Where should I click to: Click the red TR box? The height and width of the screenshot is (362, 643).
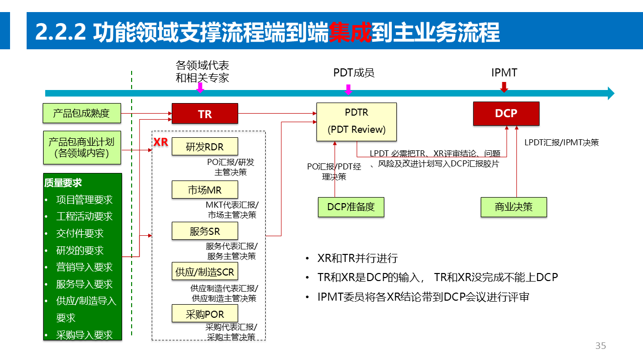point(204,114)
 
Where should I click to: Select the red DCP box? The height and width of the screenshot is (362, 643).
point(506,114)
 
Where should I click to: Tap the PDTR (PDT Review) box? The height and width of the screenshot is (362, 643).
point(356,122)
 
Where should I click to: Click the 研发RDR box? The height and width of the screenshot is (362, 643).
point(204,147)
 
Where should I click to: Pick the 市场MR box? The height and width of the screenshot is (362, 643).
point(204,190)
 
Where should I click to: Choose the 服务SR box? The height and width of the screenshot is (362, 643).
point(204,231)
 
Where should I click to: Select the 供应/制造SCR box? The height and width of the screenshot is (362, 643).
point(204,272)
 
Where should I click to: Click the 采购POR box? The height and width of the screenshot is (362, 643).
point(204,314)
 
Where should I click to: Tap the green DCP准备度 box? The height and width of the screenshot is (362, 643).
point(351,207)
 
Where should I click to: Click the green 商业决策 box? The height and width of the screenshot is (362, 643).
point(513,207)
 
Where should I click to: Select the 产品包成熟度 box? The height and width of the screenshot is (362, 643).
point(82,113)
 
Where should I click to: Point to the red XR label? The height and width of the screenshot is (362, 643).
point(161,142)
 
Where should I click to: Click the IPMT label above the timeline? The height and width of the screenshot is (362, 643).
point(504,73)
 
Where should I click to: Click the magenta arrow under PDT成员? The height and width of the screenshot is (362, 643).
point(348,89)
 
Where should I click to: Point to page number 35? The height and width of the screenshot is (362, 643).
point(600,346)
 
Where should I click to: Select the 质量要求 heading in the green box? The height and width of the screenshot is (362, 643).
point(63,183)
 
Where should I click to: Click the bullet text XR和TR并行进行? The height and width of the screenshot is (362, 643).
point(358,258)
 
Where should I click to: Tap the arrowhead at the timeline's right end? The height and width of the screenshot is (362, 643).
point(611,93)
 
